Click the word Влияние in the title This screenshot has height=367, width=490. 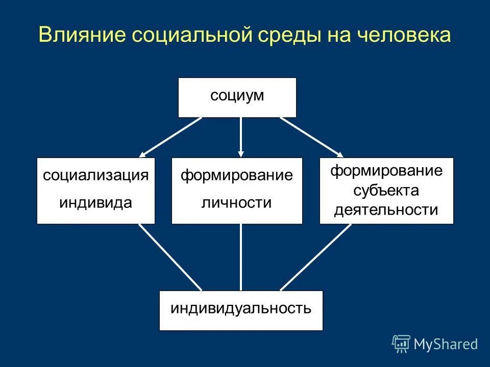pos(81,35)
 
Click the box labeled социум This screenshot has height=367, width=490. pos(237,97)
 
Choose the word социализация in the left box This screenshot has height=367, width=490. pos(95,176)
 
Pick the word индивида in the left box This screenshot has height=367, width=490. pos(95,203)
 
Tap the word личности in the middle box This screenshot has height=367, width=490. pos(236,203)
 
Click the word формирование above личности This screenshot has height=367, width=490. pos(237,176)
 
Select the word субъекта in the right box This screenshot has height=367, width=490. pos(386,190)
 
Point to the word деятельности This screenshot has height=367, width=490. pos(386,209)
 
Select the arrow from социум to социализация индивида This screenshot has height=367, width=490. pos(170,137)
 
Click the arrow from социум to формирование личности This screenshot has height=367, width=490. pos(241,137)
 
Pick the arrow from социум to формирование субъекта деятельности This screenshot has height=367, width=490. pos(311,137)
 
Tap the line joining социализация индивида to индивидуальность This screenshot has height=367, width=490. pos(170,257)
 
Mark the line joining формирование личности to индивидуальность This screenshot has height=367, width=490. pos(241,257)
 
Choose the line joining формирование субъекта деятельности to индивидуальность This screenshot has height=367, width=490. pos(315,257)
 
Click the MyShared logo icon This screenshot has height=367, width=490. pos(401,344)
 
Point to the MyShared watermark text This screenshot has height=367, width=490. pos(446,344)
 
